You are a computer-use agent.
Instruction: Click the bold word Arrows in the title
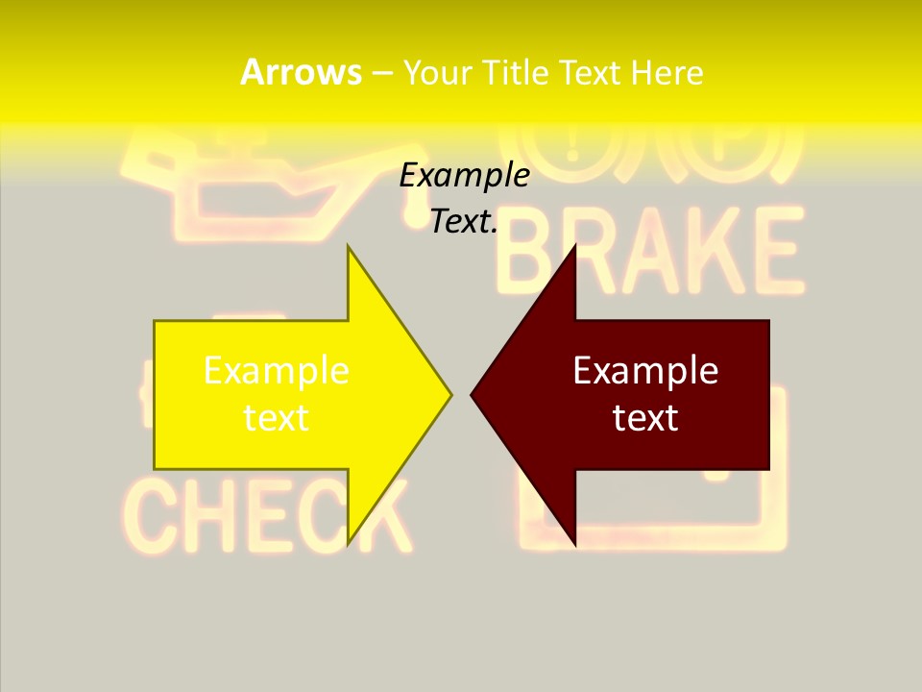click(301, 72)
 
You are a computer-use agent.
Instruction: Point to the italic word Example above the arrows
click(464, 176)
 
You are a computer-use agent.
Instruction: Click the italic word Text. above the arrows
click(464, 222)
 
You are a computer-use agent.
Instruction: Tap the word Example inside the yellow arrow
click(277, 371)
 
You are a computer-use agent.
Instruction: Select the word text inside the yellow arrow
click(277, 417)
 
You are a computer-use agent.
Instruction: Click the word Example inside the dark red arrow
click(645, 371)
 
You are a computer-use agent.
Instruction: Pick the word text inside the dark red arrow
click(645, 417)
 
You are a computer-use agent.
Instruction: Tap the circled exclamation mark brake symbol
click(573, 144)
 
